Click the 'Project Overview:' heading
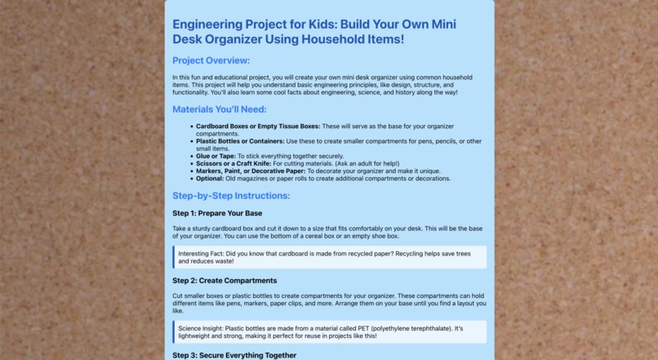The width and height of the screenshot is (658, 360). click(211, 60)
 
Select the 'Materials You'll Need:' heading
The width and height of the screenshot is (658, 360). click(219, 109)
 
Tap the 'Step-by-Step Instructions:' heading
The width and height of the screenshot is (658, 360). click(231, 196)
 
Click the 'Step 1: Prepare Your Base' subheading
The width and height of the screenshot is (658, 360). click(217, 214)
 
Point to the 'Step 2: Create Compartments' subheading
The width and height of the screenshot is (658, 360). click(225, 281)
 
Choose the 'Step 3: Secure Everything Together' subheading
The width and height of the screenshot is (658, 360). click(234, 355)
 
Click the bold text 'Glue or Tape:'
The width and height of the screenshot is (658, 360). click(216, 156)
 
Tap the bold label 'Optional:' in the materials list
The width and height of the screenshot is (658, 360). click(210, 178)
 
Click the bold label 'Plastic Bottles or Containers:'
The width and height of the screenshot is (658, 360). click(240, 141)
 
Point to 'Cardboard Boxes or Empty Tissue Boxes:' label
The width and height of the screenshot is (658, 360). click(258, 127)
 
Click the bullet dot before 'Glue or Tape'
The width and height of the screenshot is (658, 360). click(191, 156)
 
